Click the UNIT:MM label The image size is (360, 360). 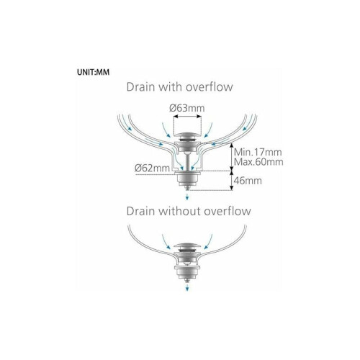coord(93,72)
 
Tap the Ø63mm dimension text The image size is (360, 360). coord(187,108)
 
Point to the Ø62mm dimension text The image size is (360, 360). coord(152,168)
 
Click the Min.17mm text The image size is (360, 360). coord(258,152)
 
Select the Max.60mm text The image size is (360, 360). coord(258,162)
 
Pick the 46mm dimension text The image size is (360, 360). coord(248,181)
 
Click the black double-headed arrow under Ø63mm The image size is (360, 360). coord(187,117)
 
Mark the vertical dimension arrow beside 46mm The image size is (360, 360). coord(231,180)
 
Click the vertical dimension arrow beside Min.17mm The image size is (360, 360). coord(231,156)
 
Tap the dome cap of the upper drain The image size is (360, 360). coord(187,135)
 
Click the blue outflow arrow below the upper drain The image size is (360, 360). coord(187,197)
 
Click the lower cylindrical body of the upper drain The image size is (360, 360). coord(187,181)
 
